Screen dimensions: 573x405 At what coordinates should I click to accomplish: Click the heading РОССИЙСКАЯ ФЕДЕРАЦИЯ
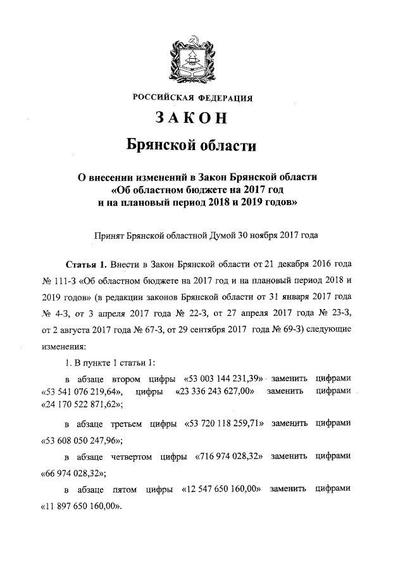tap(193, 98)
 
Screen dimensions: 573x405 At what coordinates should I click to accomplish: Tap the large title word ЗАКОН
tap(193, 118)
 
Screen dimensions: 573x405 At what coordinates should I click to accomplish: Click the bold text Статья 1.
tap(85, 263)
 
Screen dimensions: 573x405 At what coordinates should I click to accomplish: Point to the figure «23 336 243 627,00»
tap(215, 391)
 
